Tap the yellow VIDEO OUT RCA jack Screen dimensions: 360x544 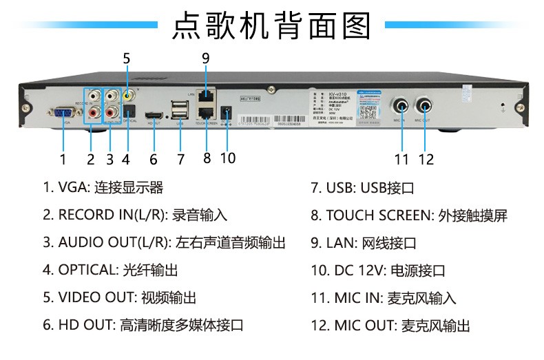pyautogui.click(x=128, y=96)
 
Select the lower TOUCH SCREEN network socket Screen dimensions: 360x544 pyautogui.click(x=205, y=112)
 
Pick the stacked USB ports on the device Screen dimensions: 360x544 pyautogui.click(x=180, y=109)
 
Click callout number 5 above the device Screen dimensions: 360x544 pyautogui.click(x=126, y=59)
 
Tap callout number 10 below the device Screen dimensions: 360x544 pyautogui.click(x=227, y=158)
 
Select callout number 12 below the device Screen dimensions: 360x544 pyautogui.click(x=426, y=159)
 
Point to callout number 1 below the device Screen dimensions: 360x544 pyautogui.click(x=63, y=159)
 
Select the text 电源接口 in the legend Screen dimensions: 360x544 pyautogui.click(x=418, y=271)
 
